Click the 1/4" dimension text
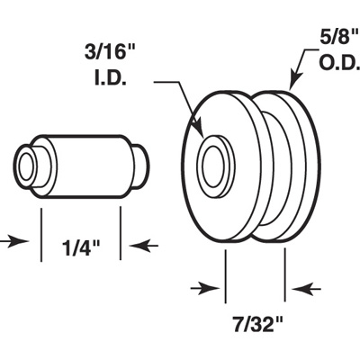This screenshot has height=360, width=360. coord(81,244)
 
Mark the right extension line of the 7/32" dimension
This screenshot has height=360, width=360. coord(285,274)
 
